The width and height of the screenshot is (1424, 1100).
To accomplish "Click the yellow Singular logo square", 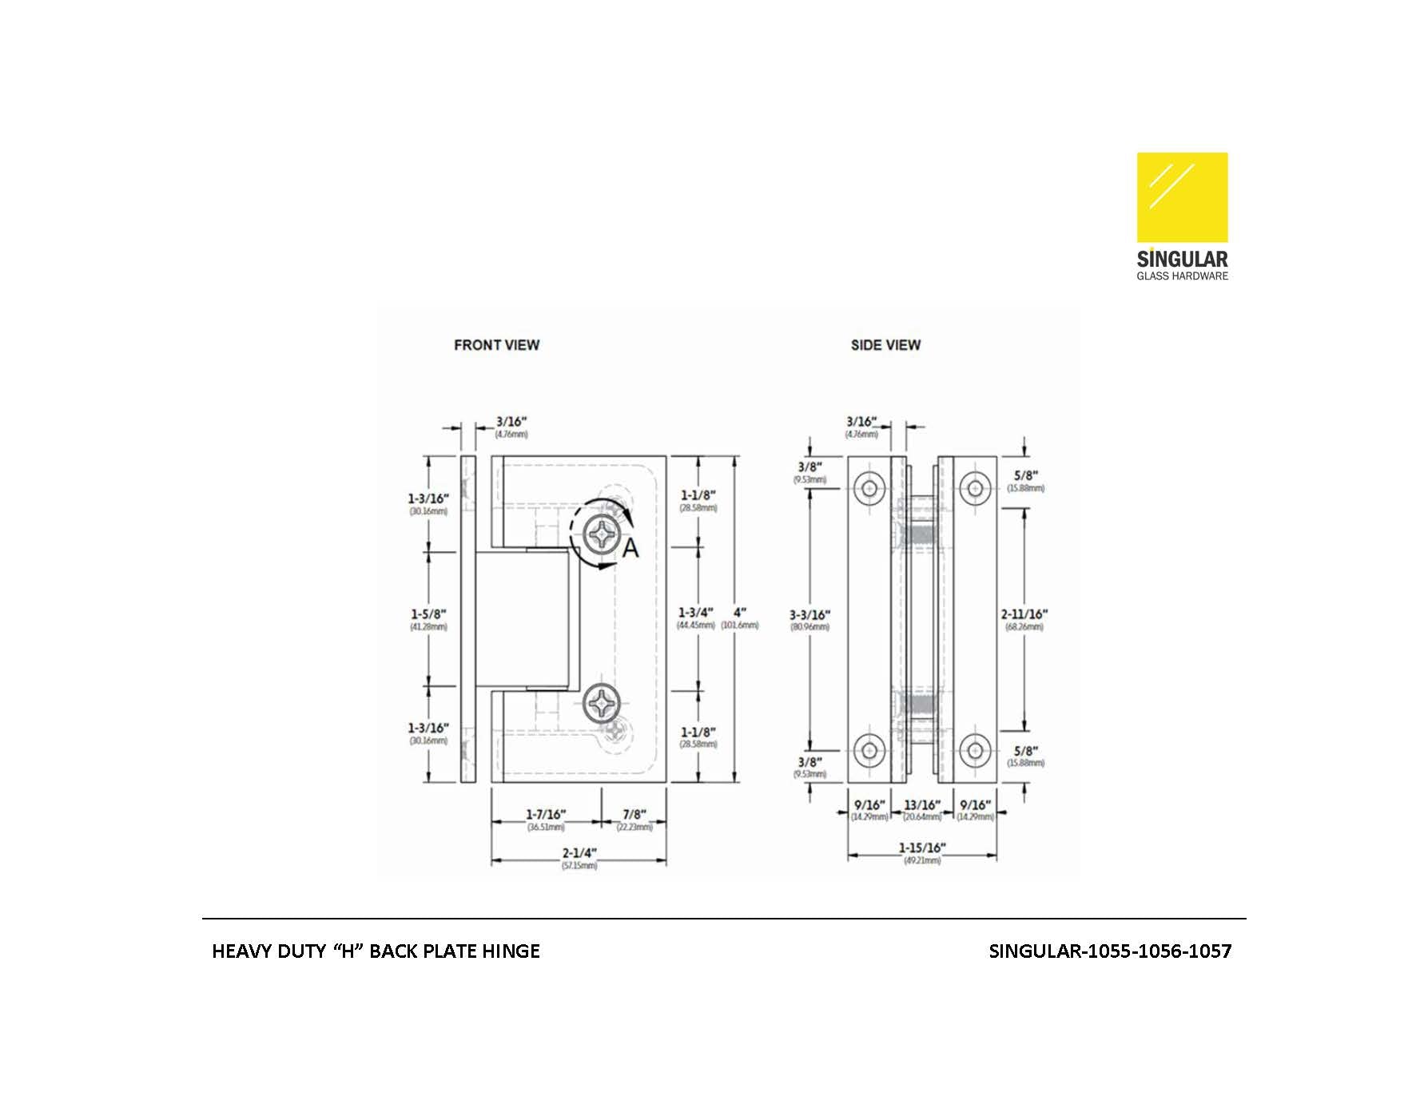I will (x=1182, y=197).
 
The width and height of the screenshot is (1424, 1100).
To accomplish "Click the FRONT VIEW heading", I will (x=496, y=345).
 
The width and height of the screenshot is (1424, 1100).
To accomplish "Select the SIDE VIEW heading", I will (x=885, y=345).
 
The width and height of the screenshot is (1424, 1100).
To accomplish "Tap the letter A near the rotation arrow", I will (x=630, y=549).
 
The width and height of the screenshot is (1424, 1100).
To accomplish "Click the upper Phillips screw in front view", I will (x=600, y=533).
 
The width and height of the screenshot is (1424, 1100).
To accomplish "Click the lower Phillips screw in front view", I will (x=600, y=703).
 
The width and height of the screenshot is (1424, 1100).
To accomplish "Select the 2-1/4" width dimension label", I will (x=579, y=852).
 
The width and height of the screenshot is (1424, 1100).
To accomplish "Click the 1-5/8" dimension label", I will (x=428, y=614).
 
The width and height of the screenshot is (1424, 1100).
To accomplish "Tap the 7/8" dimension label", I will (x=634, y=814).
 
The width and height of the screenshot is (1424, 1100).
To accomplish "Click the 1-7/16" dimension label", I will (x=546, y=814).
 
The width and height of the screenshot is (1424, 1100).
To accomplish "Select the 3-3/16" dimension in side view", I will (x=809, y=614).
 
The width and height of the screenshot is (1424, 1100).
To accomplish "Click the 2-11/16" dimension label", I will (x=1024, y=614).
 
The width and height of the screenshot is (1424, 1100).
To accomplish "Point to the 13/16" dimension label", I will (x=922, y=804).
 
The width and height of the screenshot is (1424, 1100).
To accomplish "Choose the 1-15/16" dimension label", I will (x=921, y=848).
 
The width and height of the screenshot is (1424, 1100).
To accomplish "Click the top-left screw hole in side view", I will (x=869, y=486).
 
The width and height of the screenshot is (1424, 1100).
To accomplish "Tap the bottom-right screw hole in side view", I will (x=974, y=750).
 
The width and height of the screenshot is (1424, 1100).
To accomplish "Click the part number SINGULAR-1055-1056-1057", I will (x=1109, y=951).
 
